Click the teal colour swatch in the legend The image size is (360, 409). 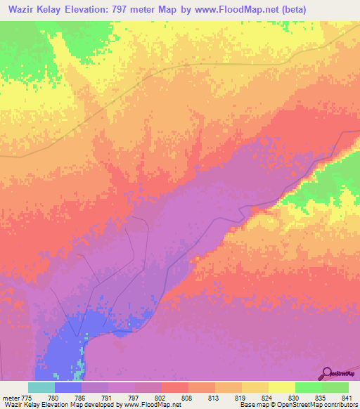41,387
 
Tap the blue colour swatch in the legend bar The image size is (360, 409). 68,387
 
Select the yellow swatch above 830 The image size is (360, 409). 282,387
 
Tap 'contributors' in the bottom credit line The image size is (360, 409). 341,404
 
